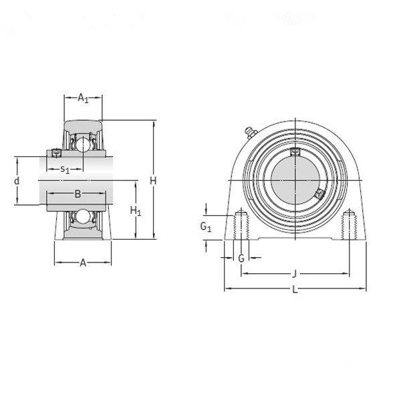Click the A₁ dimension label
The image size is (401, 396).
(83, 99)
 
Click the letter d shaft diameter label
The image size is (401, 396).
(17, 181)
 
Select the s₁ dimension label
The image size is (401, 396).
(65, 169)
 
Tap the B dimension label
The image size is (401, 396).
(78, 194)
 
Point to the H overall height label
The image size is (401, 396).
(153, 181)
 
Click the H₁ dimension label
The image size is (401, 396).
(136, 212)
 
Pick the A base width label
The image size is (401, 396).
(83, 262)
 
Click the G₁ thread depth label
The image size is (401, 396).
(207, 227)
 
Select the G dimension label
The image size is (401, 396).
(241, 258)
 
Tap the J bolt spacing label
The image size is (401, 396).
(295, 273)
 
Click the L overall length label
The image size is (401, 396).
(295, 289)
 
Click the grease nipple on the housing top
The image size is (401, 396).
(251, 132)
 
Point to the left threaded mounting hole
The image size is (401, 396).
(241, 226)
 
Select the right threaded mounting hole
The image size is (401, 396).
(348, 226)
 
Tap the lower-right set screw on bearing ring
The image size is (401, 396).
(319, 194)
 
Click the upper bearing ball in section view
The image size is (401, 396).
(82, 143)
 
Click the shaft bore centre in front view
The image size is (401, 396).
(295, 180)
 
